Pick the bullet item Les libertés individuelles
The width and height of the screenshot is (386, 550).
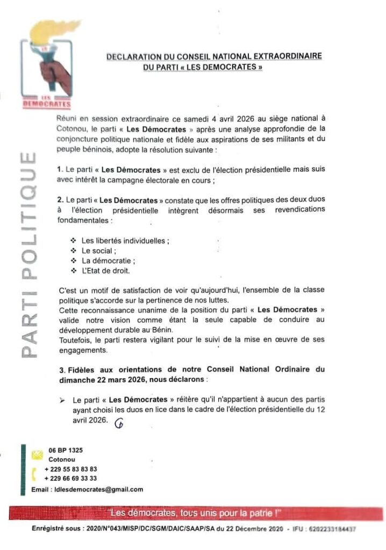tap(125, 241)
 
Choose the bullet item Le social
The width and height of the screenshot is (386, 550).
tap(98, 251)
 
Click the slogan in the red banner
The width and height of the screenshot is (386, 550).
tap(194, 513)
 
